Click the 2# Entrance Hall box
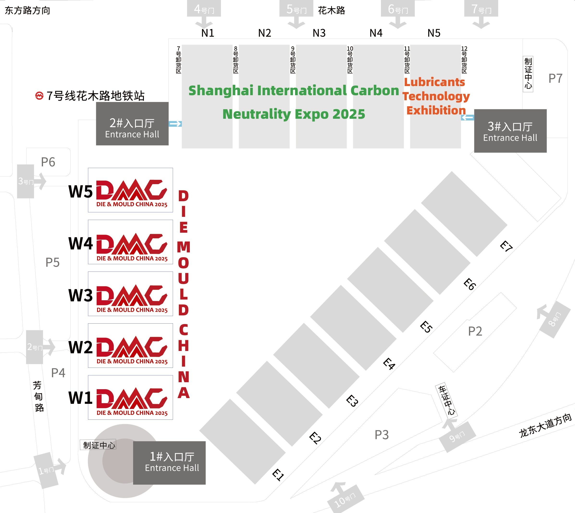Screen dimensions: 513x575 click(x=132, y=124)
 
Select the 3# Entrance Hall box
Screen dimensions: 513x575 click(x=510, y=131)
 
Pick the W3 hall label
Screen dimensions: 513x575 click(x=80, y=295)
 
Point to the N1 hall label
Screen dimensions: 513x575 click(x=208, y=33)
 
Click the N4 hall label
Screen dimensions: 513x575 click(x=376, y=33)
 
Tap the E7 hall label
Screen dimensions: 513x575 click(x=506, y=246)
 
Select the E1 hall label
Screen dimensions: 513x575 click(x=278, y=475)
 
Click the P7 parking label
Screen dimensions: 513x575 click(x=555, y=78)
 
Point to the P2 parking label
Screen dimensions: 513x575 click(x=475, y=331)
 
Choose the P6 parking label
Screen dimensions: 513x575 click(x=48, y=162)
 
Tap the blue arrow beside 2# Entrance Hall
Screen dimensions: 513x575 click(x=175, y=124)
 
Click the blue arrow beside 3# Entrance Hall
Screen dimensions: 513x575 click(x=467, y=117)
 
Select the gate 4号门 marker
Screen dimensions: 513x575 click(x=204, y=9)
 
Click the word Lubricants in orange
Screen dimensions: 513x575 click(x=434, y=82)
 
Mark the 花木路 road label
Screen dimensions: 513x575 click(x=331, y=10)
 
